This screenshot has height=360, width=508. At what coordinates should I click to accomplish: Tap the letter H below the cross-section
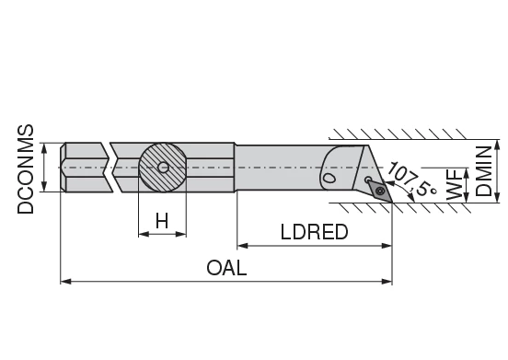[x=162, y=221]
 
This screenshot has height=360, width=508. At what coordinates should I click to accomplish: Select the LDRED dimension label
[x=314, y=232]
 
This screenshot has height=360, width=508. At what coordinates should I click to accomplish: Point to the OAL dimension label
[x=226, y=268]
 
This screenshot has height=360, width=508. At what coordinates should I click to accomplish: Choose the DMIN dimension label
[x=484, y=169]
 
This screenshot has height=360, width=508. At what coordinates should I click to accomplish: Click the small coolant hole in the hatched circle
[x=162, y=168]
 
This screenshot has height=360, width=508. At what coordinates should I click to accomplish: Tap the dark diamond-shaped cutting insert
[x=380, y=188]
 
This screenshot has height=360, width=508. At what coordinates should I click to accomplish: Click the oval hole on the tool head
[x=328, y=175]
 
